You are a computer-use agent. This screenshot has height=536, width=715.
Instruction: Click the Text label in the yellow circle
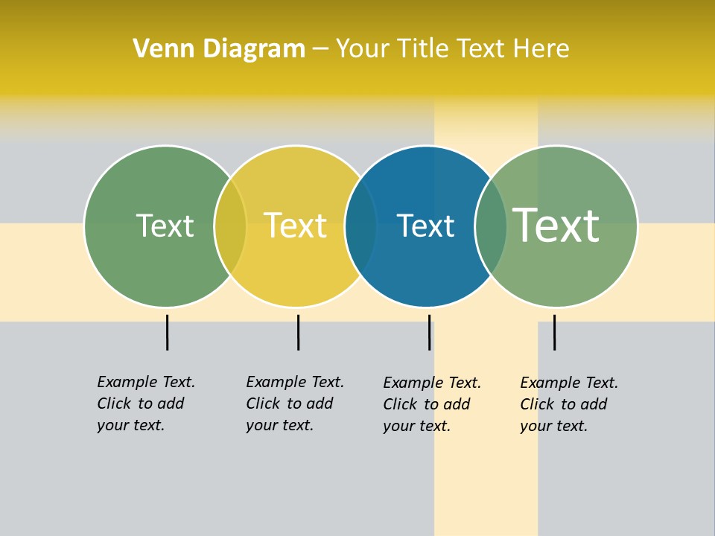(295, 226)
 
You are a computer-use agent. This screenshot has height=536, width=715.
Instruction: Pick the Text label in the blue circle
(425, 226)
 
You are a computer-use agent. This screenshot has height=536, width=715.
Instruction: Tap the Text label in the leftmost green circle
(165, 226)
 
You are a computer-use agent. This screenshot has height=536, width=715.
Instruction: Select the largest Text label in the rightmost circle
(556, 225)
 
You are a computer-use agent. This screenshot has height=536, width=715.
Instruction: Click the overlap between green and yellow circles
(230, 226)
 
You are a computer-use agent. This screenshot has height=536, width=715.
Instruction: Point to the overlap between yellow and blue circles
(361, 226)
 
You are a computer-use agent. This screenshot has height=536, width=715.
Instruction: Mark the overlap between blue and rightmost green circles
(491, 226)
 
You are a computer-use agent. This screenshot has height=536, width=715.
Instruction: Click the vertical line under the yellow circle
(298, 332)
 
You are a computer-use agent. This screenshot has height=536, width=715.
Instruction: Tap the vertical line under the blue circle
(429, 332)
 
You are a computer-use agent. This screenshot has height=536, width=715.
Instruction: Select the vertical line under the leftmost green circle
(167, 332)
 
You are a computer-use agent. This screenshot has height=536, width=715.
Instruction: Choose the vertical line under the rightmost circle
(554, 332)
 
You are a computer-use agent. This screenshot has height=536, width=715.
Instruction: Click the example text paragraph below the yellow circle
(293, 403)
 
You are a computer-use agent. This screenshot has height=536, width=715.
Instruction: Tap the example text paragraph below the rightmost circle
(568, 404)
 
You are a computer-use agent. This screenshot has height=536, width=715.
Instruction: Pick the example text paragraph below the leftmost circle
(144, 403)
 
